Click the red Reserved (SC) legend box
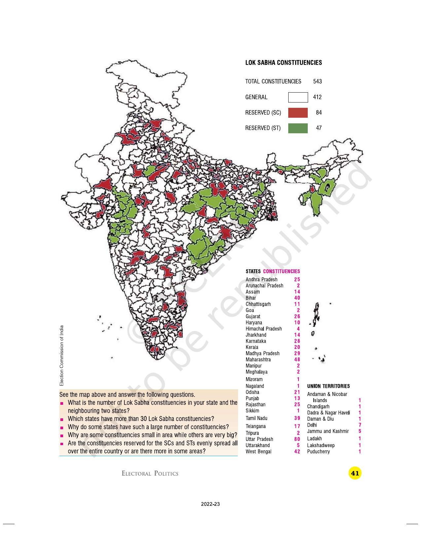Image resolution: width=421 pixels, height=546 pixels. tap(298, 113)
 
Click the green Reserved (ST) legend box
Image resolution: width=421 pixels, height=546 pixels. tap(298, 128)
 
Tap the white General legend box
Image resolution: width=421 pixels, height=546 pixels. tap(298, 97)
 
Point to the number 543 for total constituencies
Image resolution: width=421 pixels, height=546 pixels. tap(317, 81)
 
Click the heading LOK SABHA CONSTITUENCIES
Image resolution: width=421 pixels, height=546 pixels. tap(283, 63)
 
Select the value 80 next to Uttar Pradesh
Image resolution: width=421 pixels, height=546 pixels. tap(297, 439)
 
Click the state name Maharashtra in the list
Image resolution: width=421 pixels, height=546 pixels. tap(258, 359)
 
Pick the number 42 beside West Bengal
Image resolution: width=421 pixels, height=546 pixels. tap(297, 451)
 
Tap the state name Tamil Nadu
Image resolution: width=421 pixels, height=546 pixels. tap(257, 418)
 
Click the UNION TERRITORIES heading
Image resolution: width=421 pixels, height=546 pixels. tap(328, 386)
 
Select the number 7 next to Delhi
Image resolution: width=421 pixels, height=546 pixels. tap(360, 425)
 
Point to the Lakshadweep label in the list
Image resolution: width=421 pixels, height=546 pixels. tap(321, 445)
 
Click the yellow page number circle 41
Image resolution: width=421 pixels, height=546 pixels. tap(355, 473)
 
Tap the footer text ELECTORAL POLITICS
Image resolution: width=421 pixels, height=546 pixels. tap(150, 474)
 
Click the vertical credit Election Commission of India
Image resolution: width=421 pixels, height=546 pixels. tap(61, 356)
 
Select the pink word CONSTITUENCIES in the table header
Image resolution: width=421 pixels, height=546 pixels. tap(281, 271)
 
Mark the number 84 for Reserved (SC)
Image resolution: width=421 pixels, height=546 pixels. tap(319, 113)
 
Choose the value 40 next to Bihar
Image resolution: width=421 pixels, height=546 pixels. tap(297, 298)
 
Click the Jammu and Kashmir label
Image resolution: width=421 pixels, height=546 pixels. tap(328, 431)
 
